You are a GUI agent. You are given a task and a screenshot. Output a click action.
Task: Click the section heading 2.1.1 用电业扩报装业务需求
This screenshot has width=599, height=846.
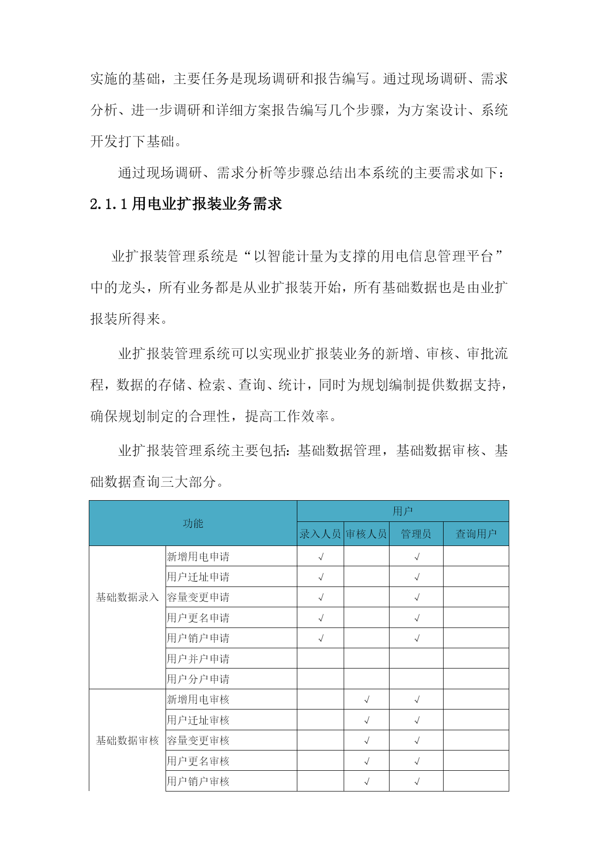pyautogui.click(x=186, y=204)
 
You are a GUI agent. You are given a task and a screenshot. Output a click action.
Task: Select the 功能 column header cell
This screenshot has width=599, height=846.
pyautogui.click(x=193, y=523)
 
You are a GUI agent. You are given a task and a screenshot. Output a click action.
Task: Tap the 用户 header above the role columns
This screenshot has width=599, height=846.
pyautogui.click(x=403, y=511)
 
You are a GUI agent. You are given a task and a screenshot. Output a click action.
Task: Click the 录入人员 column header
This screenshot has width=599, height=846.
pyautogui.click(x=320, y=534)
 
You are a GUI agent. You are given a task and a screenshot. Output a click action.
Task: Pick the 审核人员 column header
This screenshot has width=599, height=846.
pyautogui.click(x=366, y=534)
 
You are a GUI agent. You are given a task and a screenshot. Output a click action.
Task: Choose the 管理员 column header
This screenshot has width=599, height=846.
pyautogui.click(x=416, y=534)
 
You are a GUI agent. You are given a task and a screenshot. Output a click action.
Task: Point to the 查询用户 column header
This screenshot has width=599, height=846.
pyautogui.click(x=476, y=534)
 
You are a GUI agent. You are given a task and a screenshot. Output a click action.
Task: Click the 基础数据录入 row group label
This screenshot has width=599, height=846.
pyautogui.click(x=127, y=597)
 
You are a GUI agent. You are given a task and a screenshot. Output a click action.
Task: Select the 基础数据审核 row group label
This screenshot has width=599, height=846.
pyautogui.click(x=127, y=740)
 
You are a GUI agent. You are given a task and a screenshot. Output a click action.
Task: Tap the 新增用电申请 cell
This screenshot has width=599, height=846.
pyautogui.click(x=198, y=557)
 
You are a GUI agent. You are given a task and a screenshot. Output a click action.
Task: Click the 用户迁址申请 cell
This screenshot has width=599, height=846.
pyautogui.click(x=198, y=577)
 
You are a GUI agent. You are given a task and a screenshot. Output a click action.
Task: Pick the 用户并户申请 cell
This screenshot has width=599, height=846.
pyautogui.click(x=198, y=659)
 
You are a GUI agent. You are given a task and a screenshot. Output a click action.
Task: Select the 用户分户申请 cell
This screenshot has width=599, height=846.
pyautogui.click(x=198, y=679)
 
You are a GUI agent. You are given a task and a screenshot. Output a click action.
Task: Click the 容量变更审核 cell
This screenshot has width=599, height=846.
pyautogui.click(x=198, y=740)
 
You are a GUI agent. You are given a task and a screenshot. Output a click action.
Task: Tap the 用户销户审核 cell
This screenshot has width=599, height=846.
pyautogui.click(x=198, y=781)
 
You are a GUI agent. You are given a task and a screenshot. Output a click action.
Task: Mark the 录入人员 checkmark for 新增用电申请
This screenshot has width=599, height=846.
pyautogui.click(x=321, y=557)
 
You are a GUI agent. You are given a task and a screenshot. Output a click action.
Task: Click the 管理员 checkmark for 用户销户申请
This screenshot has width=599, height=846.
pyautogui.click(x=417, y=639)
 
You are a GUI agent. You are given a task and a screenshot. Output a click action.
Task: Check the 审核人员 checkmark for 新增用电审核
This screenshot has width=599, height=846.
pyautogui.click(x=367, y=699)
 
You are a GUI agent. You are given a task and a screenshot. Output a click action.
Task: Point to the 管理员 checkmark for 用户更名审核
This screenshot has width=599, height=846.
pyautogui.click(x=417, y=761)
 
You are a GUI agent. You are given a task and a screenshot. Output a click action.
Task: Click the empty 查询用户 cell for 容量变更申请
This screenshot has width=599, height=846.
pyautogui.click(x=476, y=597)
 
